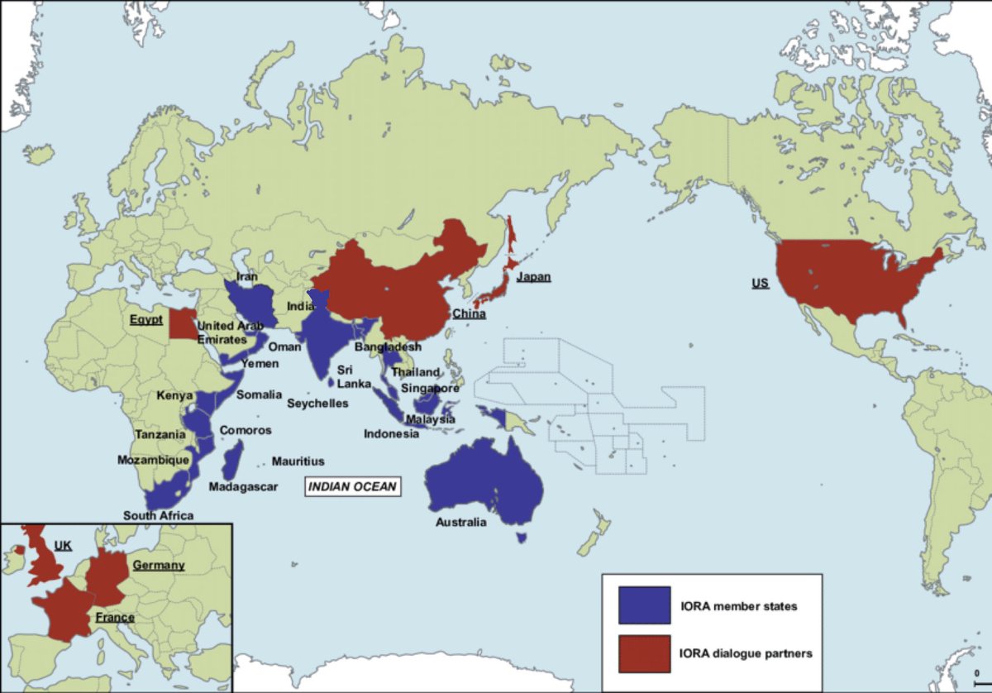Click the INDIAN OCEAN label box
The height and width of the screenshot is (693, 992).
[353, 487]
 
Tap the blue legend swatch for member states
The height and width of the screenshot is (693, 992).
[644, 605]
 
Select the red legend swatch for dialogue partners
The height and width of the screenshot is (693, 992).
[644, 653]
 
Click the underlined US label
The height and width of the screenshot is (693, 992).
[760, 284]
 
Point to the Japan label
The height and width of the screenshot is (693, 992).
[533, 278]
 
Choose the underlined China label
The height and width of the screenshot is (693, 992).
[469, 314]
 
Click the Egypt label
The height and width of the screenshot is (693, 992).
[145, 319]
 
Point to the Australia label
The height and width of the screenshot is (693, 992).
[461, 522]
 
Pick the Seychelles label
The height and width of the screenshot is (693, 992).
[317, 404]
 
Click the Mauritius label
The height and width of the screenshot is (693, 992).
[298, 461]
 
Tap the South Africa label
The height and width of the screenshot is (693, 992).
[158, 515]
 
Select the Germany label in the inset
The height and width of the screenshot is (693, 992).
[159, 565]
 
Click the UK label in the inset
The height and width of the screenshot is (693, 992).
[63, 546]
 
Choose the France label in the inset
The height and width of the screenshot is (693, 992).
[114, 618]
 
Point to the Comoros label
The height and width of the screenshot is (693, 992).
[245, 431]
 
